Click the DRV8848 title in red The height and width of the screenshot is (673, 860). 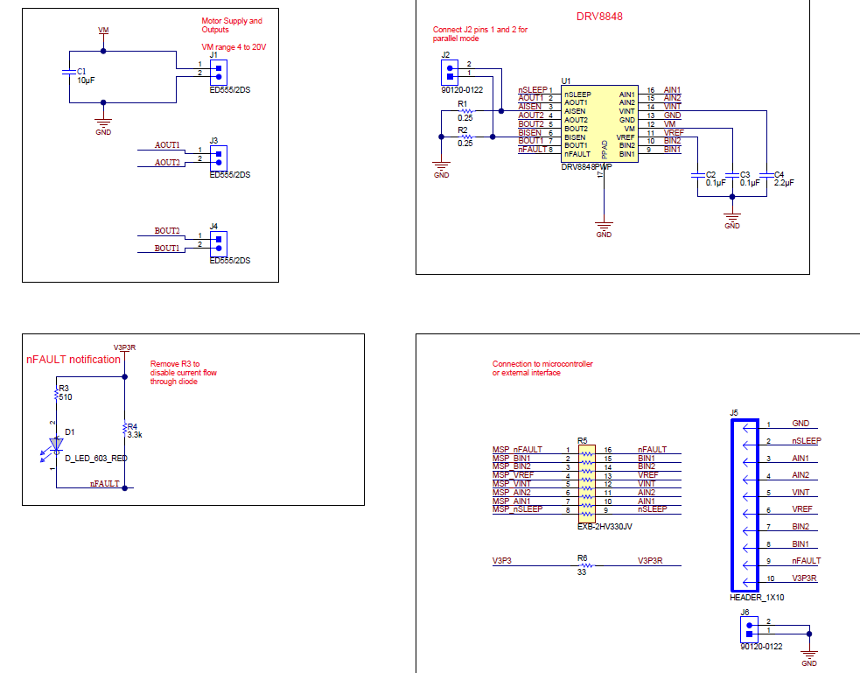(x=599, y=16)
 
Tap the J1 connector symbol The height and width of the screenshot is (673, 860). (x=218, y=69)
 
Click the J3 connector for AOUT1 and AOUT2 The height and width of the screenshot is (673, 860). (x=218, y=156)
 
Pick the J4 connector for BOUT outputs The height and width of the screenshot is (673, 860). (x=218, y=242)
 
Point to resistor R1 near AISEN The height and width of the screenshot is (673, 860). (x=465, y=111)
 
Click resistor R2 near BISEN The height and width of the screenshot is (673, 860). (x=465, y=137)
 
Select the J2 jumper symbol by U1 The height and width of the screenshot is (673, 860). (x=446, y=69)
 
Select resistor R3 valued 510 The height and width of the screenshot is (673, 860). (x=57, y=395)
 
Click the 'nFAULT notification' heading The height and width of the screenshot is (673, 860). (x=73, y=360)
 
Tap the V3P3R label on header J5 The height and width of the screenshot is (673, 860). (x=804, y=578)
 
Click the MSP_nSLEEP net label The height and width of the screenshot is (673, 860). (x=517, y=509)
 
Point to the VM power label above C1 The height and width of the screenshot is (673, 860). (x=103, y=31)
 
